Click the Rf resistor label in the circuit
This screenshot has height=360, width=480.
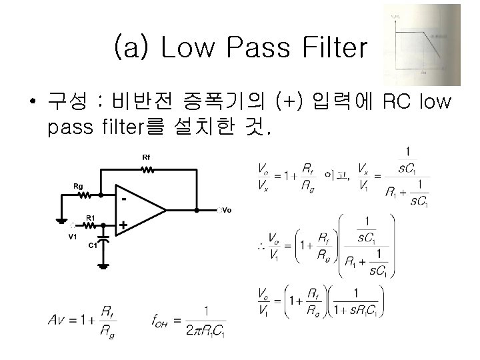click(146, 157)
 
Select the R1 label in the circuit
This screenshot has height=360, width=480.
click(91, 217)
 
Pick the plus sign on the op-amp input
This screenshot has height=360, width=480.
click(123, 226)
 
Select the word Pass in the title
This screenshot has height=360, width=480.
click(247, 48)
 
